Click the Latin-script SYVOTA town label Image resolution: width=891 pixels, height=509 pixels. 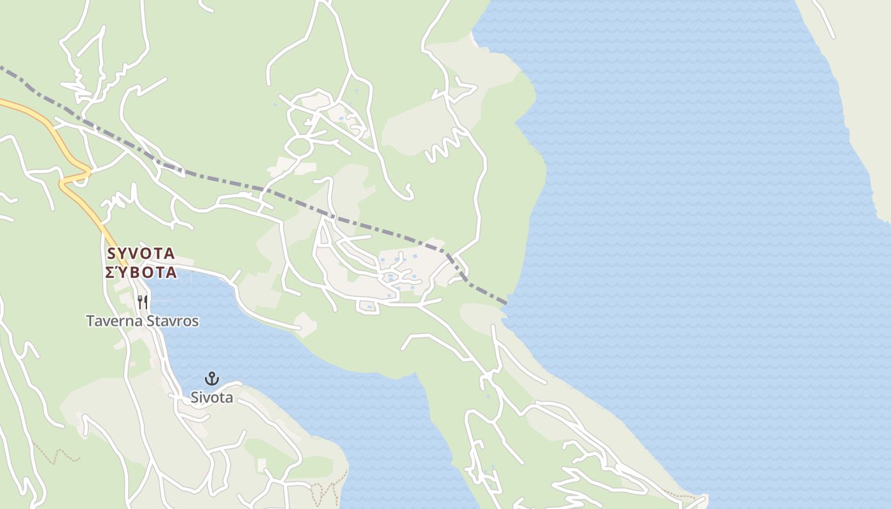pyautogui.click(x=141, y=253)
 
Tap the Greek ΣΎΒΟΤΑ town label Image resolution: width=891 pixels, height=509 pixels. pyautogui.click(x=141, y=272)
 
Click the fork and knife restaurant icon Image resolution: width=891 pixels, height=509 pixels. pyautogui.click(x=143, y=302)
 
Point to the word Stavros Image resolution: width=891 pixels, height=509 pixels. pyautogui.click(x=172, y=321)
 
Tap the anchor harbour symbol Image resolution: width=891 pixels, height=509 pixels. pyautogui.click(x=212, y=379)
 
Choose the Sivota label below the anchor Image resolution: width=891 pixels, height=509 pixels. pyautogui.click(x=212, y=398)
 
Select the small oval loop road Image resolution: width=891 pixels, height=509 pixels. pyautogui.click(x=298, y=146)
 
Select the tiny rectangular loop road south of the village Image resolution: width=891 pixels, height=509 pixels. pyautogui.click(x=368, y=308)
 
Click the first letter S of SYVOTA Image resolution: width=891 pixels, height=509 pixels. pyautogui.click(x=112, y=253)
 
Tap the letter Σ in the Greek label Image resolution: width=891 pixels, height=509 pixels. pyautogui.click(x=109, y=272)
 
